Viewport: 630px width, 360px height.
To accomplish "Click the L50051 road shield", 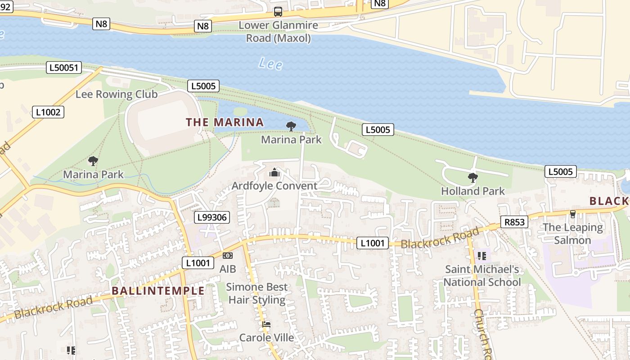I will [x=64, y=68].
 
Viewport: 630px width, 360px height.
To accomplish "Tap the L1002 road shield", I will [x=48, y=112].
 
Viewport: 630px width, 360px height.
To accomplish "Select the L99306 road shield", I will [x=212, y=218].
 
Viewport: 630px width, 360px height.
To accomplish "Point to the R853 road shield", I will [x=514, y=221].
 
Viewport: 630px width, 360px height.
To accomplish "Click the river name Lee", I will [x=270, y=64].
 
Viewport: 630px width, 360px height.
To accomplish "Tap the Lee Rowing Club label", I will [x=117, y=94].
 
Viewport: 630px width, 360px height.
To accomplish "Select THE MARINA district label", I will [x=225, y=122].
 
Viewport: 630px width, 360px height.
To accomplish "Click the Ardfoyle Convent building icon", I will [x=274, y=172].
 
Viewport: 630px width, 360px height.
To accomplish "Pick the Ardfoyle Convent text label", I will [x=274, y=186].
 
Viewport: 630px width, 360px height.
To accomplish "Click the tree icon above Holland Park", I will [x=472, y=178].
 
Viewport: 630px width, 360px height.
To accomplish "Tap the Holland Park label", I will [x=473, y=191].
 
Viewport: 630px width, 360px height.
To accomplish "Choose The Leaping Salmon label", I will [x=572, y=234].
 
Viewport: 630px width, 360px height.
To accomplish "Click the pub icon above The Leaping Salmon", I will [x=572, y=214].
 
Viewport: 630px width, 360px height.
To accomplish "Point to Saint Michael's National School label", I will [x=482, y=276].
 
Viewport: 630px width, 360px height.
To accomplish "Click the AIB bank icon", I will [x=228, y=256].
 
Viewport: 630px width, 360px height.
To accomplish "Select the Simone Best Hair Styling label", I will [x=256, y=293].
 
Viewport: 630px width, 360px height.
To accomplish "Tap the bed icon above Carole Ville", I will [x=266, y=324].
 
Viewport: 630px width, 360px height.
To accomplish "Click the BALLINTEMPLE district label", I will [x=158, y=291].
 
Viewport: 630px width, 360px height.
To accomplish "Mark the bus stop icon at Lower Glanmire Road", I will [x=278, y=12].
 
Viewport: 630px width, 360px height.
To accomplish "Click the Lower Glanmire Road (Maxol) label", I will [x=278, y=31].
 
